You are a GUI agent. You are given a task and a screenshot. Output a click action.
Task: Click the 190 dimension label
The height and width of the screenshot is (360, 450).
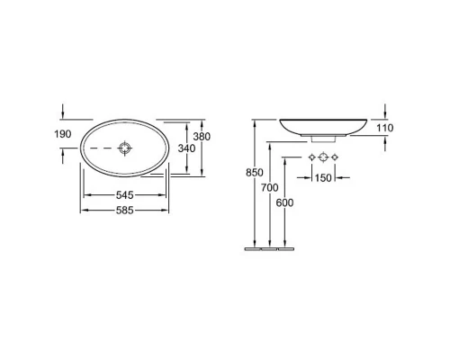click(x=63, y=134)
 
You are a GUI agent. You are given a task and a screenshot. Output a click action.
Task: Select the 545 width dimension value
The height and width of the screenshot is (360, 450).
click(x=124, y=195)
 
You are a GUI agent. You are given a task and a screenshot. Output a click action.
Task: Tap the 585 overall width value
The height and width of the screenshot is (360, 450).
click(x=124, y=211)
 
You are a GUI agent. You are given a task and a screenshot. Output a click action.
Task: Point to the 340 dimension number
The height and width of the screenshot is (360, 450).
click(x=186, y=148)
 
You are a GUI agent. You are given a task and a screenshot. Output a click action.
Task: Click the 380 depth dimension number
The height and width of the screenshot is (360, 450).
click(x=202, y=137)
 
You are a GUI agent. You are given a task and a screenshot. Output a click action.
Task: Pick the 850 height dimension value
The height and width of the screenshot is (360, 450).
click(x=255, y=173)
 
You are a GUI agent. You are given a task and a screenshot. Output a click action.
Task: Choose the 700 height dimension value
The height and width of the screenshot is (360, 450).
click(x=269, y=188)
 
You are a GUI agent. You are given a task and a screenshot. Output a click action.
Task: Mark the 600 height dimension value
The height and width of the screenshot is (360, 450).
click(x=284, y=203)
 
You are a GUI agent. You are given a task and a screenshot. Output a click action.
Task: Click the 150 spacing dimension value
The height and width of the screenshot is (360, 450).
click(x=323, y=178)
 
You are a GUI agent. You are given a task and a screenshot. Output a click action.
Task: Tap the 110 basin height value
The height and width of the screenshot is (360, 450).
click(x=385, y=128)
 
